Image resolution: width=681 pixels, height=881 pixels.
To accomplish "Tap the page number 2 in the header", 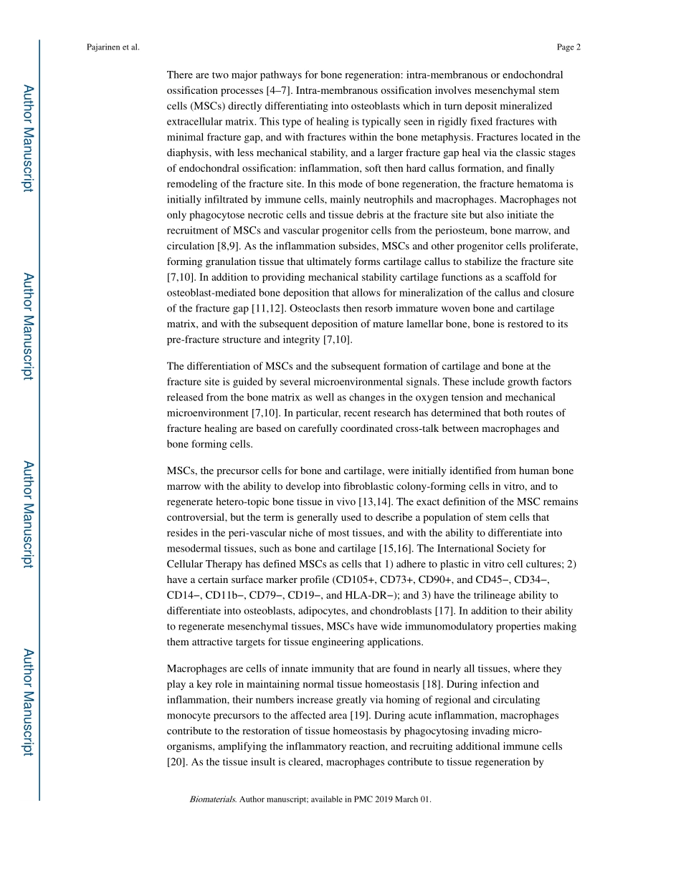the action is click(578, 48).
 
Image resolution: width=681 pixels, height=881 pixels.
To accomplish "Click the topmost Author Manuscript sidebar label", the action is click(27, 138).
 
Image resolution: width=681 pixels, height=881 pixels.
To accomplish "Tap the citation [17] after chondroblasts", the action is click(443, 611).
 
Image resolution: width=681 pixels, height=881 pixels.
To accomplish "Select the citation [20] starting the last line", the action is click(176, 762).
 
